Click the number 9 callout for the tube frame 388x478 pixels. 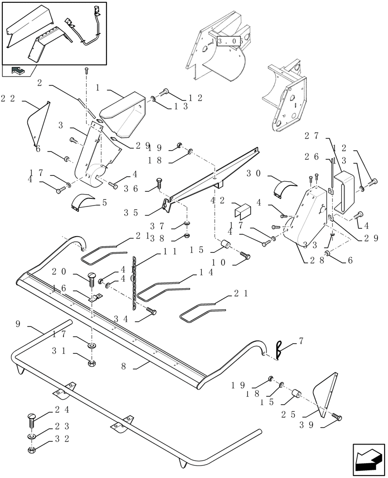[x=18, y=324]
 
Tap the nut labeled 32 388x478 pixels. [x=30, y=450]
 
